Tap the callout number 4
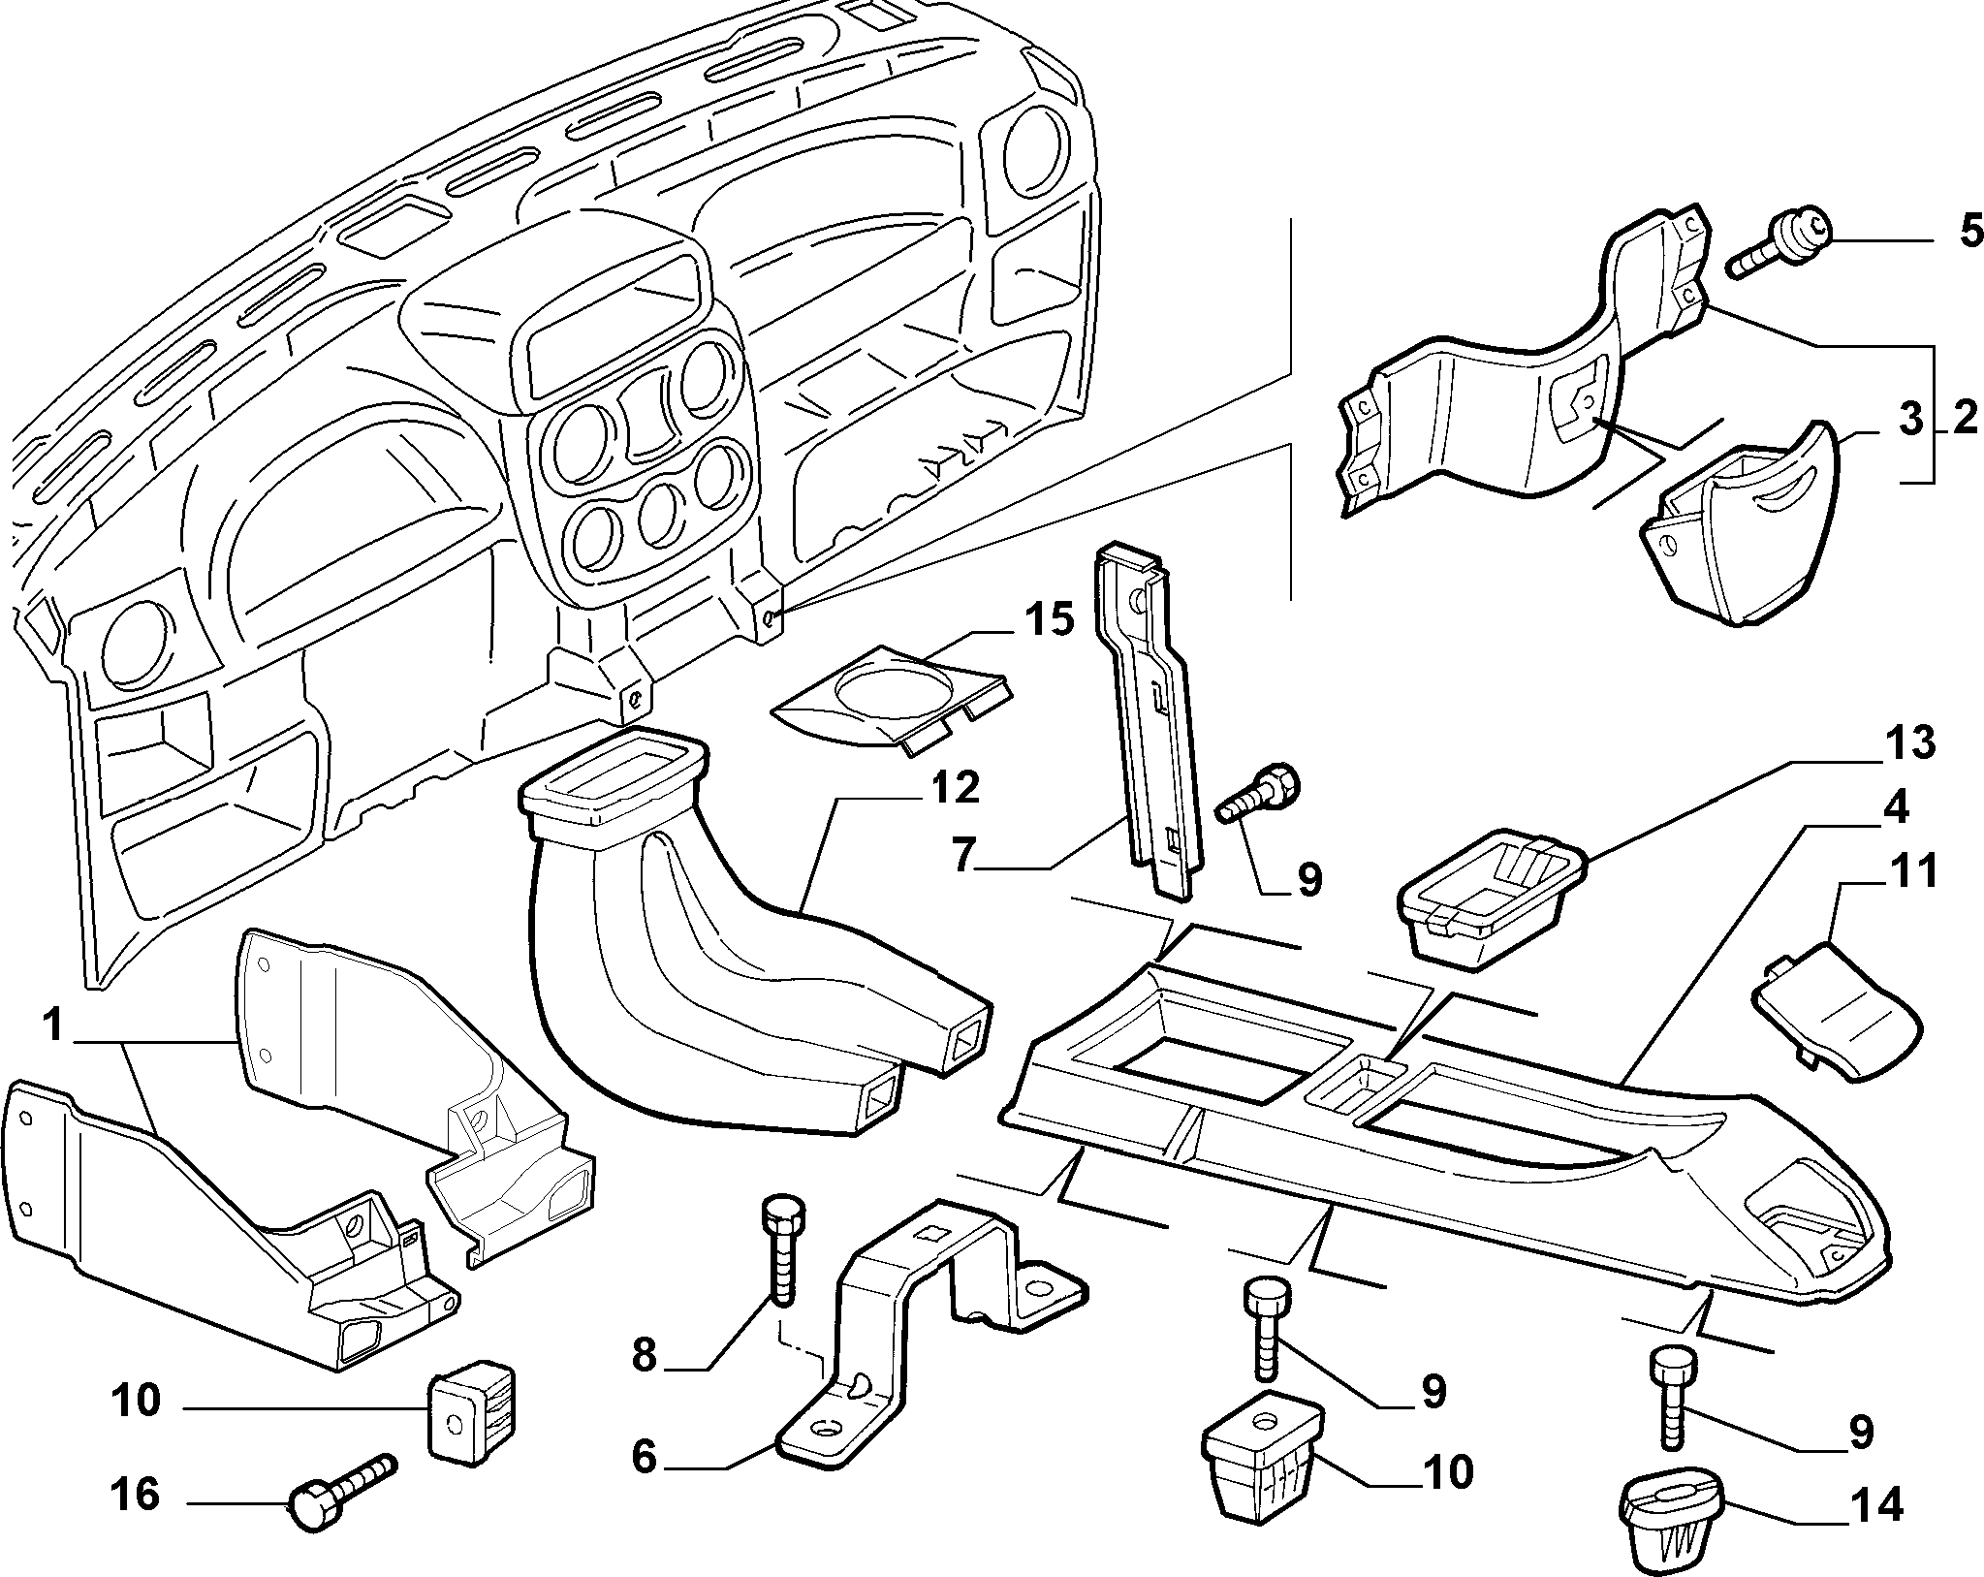pos(1894,807)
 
